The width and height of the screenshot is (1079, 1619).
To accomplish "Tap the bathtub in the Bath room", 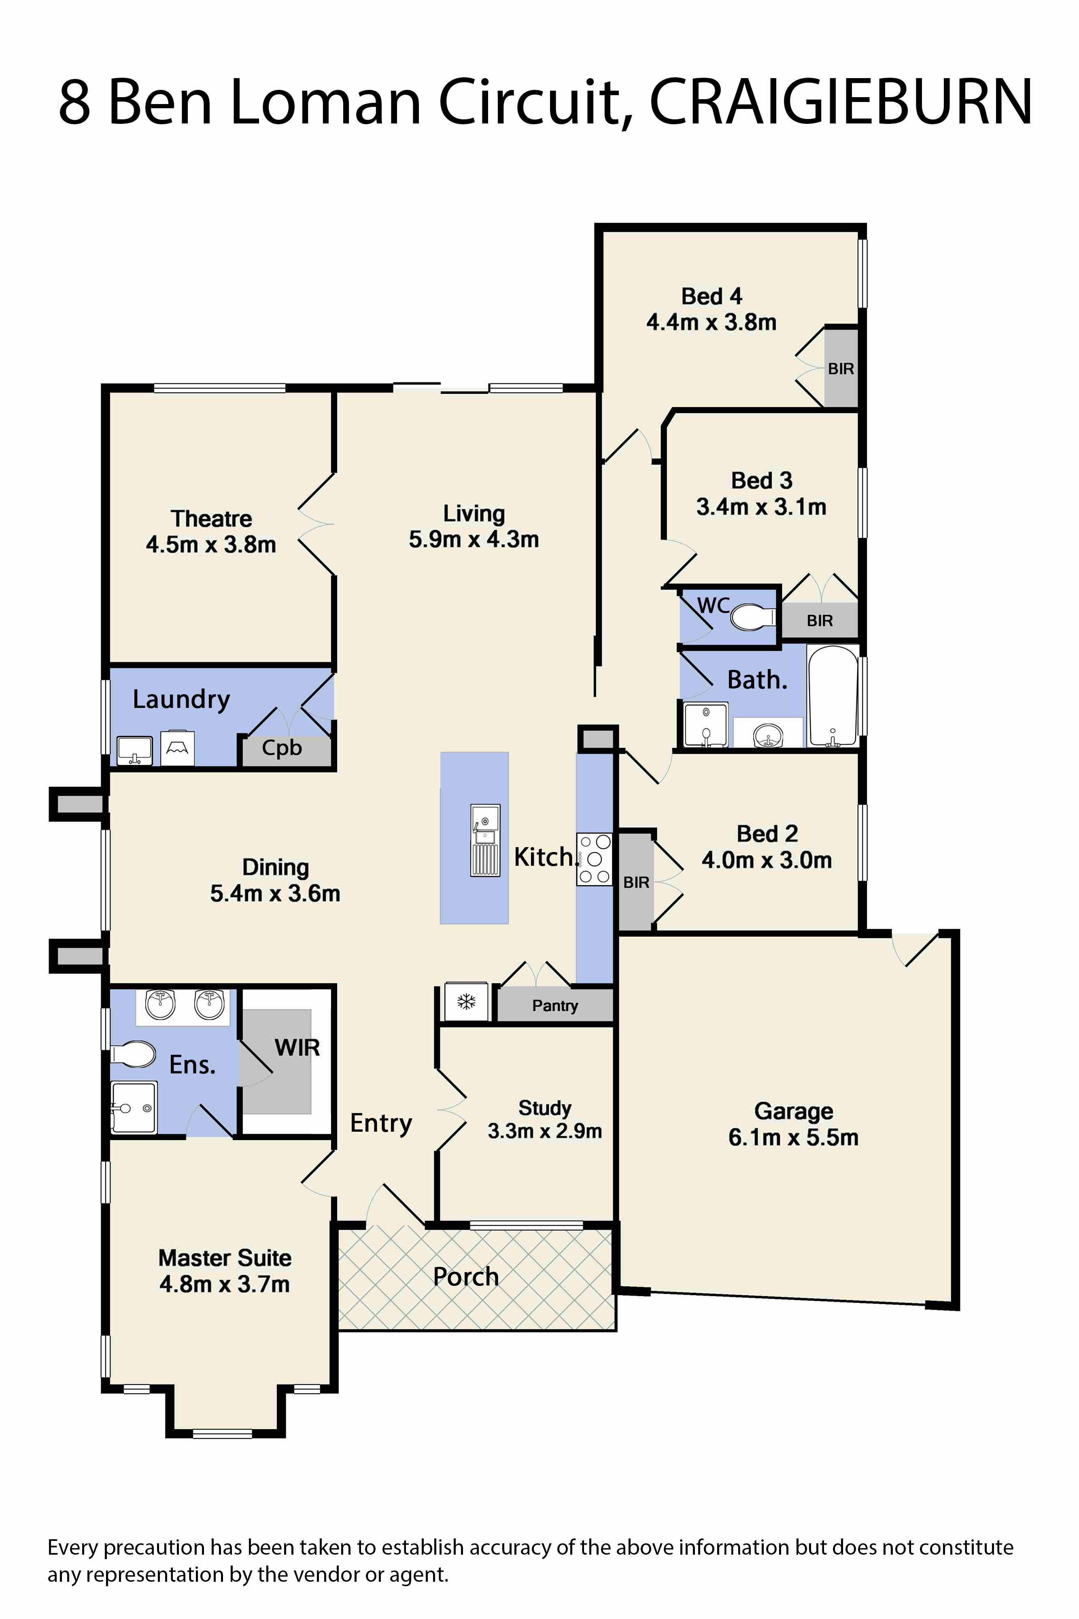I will point(833,696).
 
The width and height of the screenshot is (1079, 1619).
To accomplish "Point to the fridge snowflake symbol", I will point(467,1002).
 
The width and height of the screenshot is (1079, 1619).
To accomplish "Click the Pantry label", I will point(554,1005).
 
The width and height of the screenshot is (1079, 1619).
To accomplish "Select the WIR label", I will point(297,1048).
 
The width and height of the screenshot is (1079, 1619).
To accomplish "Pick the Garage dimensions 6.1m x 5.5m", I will point(793,1137).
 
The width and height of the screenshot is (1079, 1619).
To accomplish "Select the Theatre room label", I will point(211,518).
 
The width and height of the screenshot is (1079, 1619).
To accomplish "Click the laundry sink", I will point(134,749).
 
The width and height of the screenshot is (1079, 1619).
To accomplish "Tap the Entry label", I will point(380,1123).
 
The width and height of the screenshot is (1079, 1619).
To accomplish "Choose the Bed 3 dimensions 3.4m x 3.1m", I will point(761,507).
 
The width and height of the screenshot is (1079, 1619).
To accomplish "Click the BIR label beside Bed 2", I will point(636,882).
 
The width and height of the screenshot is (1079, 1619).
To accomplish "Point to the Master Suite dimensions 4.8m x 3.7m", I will point(224,1284).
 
